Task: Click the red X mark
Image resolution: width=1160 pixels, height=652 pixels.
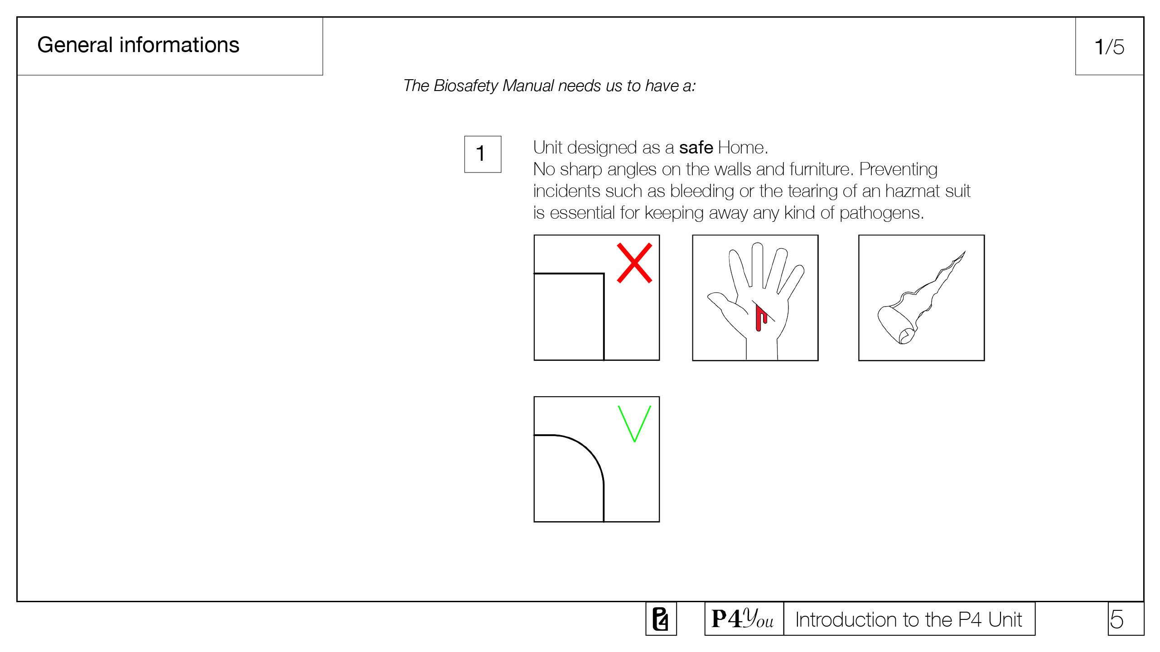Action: point(634,263)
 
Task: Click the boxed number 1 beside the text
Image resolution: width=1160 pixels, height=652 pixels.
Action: point(483,154)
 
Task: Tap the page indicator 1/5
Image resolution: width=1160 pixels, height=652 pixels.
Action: point(1109,47)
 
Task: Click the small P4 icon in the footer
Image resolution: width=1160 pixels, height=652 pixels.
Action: point(661,619)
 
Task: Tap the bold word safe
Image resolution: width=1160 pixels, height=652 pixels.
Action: point(696,148)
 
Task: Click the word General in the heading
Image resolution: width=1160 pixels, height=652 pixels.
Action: point(75,45)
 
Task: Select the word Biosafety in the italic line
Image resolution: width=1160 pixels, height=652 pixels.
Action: point(466,86)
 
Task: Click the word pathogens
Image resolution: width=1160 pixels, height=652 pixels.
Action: point(881,213)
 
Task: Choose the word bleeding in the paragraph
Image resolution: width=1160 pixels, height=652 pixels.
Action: point(702,192)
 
